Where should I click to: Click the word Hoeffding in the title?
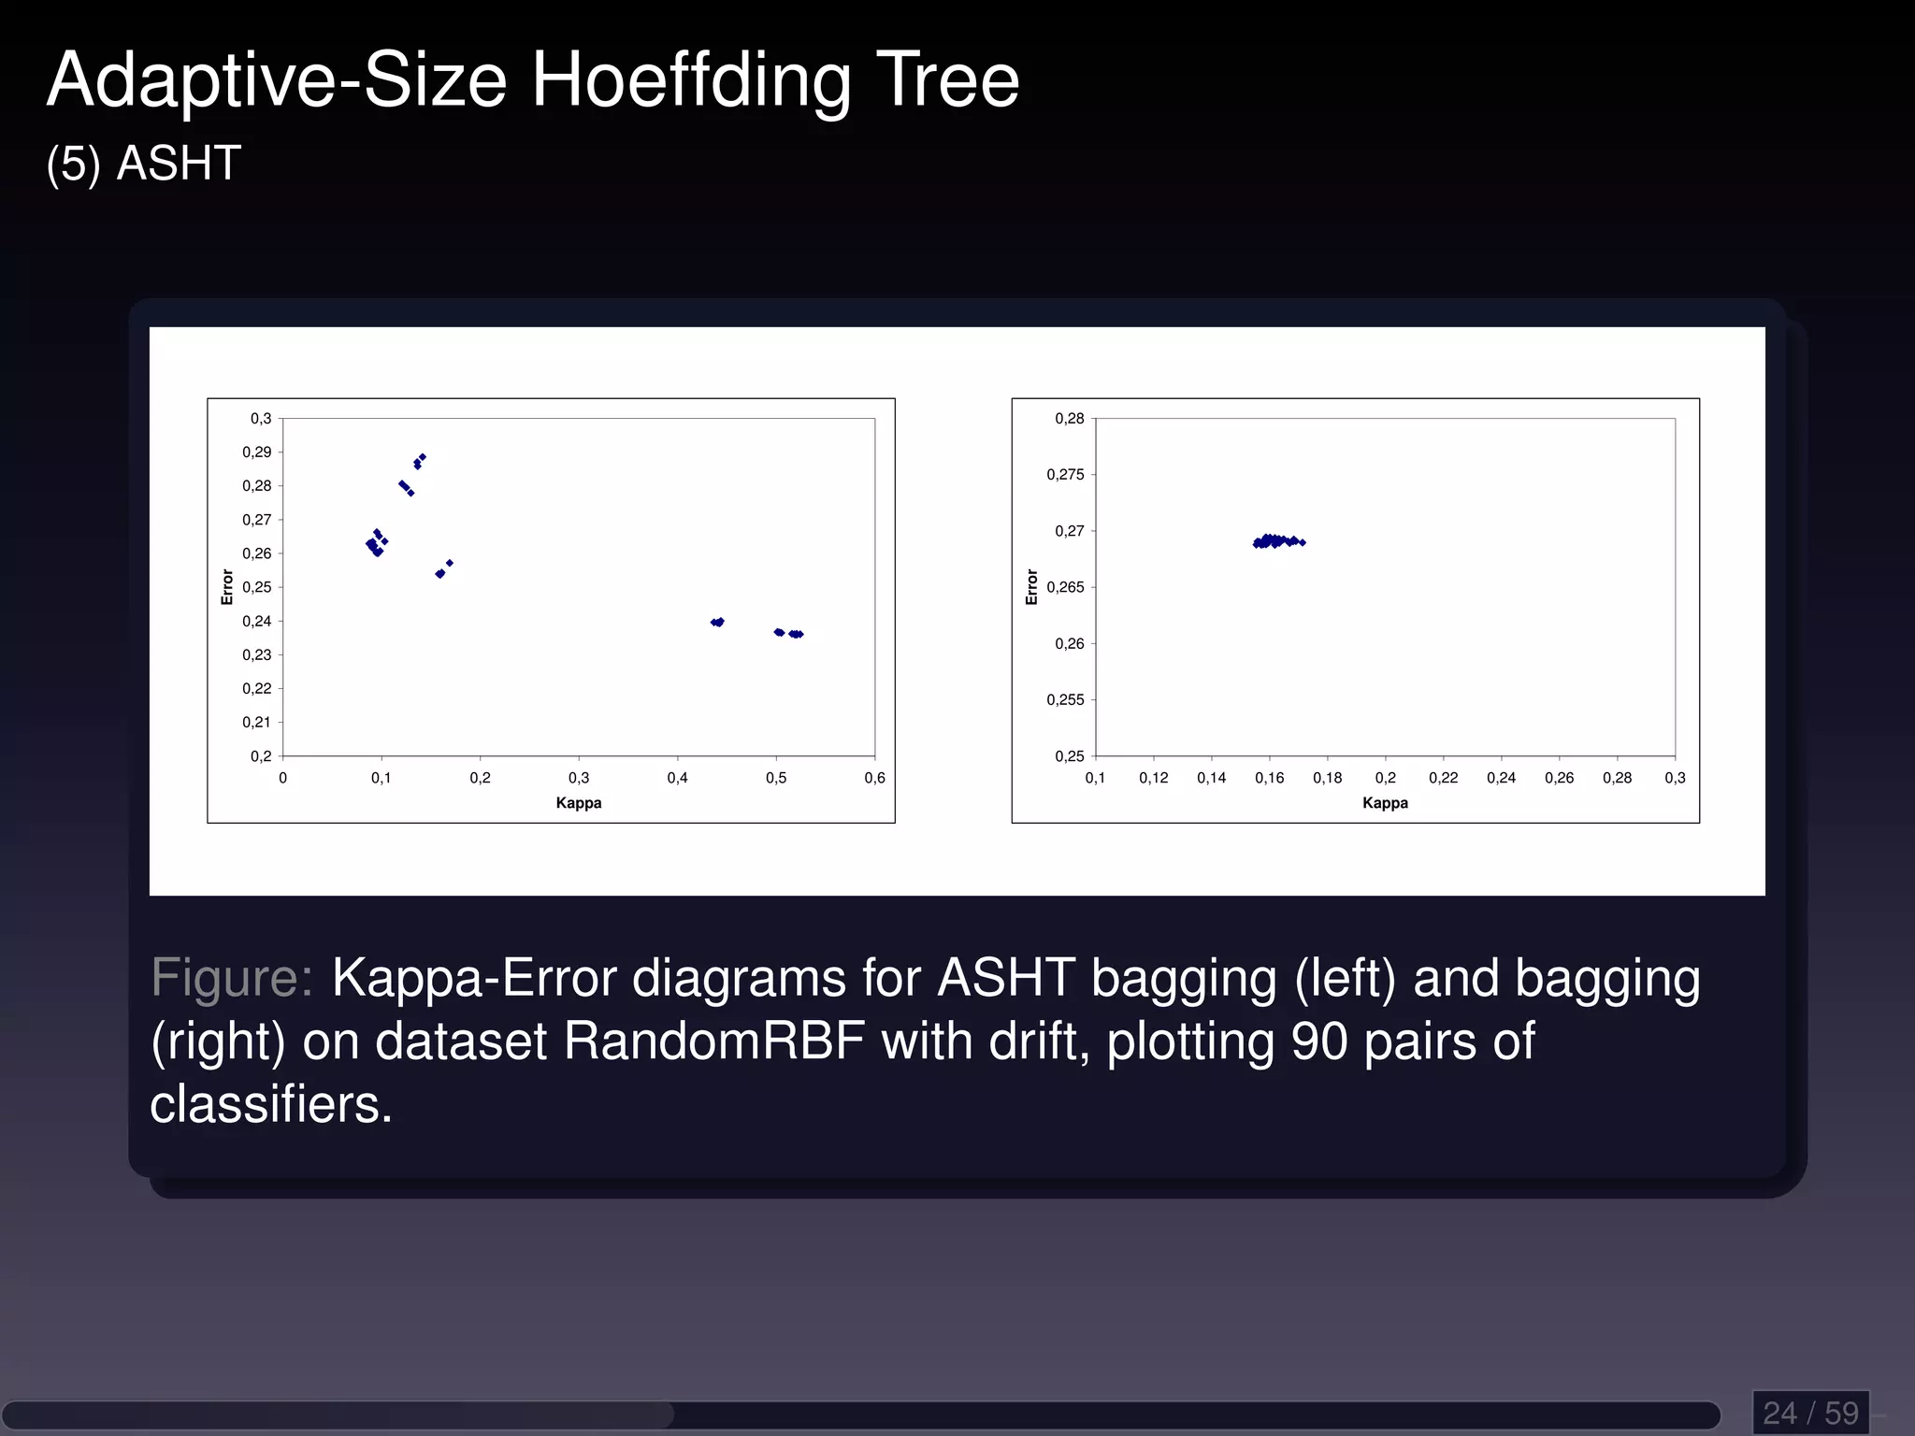tap(691, 81)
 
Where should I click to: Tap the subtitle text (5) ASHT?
tap(144, 164)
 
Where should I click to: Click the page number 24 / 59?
tap(1810, 1413)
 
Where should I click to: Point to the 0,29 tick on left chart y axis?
tap(257, 452)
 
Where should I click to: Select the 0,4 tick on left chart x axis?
tap(677, 778)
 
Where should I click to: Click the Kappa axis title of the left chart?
tap(578, 803)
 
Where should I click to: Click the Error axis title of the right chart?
tap(1032, 587)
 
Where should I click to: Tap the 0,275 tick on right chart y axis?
tap(1065, 475)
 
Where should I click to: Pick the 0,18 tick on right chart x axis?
tap(1327, 778)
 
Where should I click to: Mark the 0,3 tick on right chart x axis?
tap(1674, 778)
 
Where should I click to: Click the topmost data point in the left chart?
tap(423, 457)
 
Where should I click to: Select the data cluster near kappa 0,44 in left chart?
tap(717, 622)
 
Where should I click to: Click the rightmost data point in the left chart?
tap(800, 635)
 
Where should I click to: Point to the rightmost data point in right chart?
tap(1303, 542)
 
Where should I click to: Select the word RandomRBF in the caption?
tap(714, 1041)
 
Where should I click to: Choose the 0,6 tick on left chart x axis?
tap(874, 778)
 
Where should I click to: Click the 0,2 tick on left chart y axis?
tap(261, 756)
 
